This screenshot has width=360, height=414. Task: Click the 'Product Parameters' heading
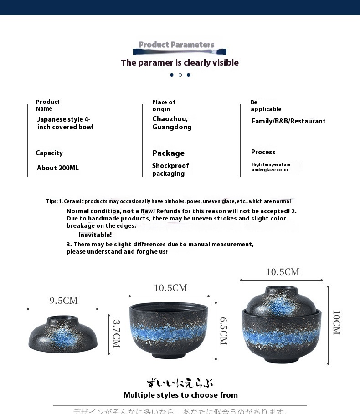(176, 45)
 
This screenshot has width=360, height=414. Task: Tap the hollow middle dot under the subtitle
(180, 75)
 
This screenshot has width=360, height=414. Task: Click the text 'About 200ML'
(58, 168)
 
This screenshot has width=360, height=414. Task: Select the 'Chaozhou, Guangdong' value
(172, 123)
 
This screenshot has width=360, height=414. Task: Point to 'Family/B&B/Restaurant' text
(288, 121)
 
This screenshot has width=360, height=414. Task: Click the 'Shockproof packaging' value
(170, 169)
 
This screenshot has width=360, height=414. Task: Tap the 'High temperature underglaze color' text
(271, 167)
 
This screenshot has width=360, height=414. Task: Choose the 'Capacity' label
(49, 153)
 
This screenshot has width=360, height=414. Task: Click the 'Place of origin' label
(164, 106)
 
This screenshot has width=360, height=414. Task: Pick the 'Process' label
(263, 152)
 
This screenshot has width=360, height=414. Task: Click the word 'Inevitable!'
(95, 235)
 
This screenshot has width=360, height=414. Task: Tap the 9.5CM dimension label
(64, 301)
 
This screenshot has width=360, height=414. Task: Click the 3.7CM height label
(116, 333)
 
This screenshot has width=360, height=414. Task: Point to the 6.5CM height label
(223, 331)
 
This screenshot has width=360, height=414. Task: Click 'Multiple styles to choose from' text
(180, 395)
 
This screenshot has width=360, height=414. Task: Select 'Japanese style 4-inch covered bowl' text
(65, 123)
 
